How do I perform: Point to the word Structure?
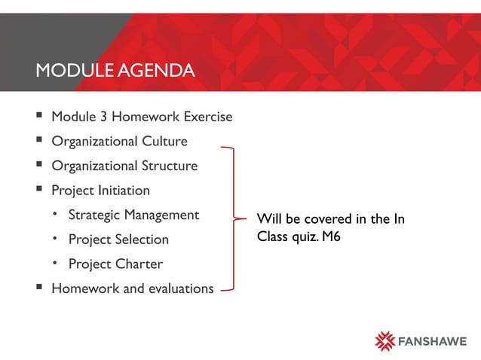(169, 166)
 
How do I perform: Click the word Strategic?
(94, 215)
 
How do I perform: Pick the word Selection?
(142, 239)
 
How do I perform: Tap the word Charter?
(139, 264)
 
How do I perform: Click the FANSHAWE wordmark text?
(431, 340)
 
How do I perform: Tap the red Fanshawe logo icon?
(385, 340)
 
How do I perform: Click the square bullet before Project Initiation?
(38, 191)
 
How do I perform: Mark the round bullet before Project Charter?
(55, 264)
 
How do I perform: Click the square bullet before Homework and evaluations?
(38, 288)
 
